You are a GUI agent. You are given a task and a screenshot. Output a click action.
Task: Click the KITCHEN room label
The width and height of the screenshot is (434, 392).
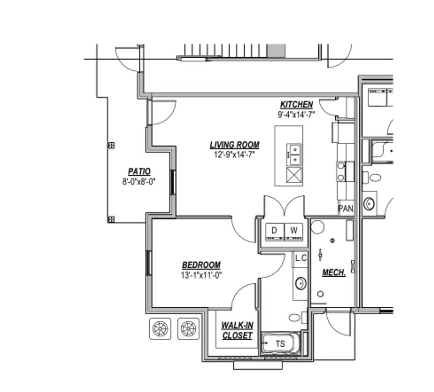coord(296,105)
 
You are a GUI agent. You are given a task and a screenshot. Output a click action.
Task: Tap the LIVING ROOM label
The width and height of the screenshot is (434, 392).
coord(235,145)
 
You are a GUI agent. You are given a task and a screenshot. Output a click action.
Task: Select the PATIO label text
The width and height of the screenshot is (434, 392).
coord(139,171)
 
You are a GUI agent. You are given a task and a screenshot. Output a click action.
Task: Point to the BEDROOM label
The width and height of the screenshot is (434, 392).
coord(201,265)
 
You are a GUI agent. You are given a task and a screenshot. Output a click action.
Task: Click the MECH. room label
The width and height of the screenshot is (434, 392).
coord(334,272)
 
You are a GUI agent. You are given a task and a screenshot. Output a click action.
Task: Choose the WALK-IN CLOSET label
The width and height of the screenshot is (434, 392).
coord(237,330)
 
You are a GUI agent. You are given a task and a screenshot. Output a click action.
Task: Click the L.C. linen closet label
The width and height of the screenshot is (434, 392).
coord(301,258)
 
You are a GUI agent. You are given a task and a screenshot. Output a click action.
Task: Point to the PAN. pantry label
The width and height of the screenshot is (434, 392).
coord(346,209)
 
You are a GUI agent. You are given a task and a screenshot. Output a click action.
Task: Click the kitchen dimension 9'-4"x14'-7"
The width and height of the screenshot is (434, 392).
coord(296,115)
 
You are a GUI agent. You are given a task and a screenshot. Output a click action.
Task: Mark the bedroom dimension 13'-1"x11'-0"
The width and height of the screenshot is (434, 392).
coord(201,275)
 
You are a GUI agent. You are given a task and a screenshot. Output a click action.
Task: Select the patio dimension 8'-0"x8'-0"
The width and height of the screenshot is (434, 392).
coord(139,181)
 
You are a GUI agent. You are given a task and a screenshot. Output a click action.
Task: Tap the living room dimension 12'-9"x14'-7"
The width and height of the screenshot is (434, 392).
coord(235,155)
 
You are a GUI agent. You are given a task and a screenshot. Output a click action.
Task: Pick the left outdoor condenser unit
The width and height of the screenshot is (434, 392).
coord(160,329)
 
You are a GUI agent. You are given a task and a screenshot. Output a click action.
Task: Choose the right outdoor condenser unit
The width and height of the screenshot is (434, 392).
coord(188,329)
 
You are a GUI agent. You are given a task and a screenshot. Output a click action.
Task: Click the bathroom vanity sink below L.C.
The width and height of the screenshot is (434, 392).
coord(301,283)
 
